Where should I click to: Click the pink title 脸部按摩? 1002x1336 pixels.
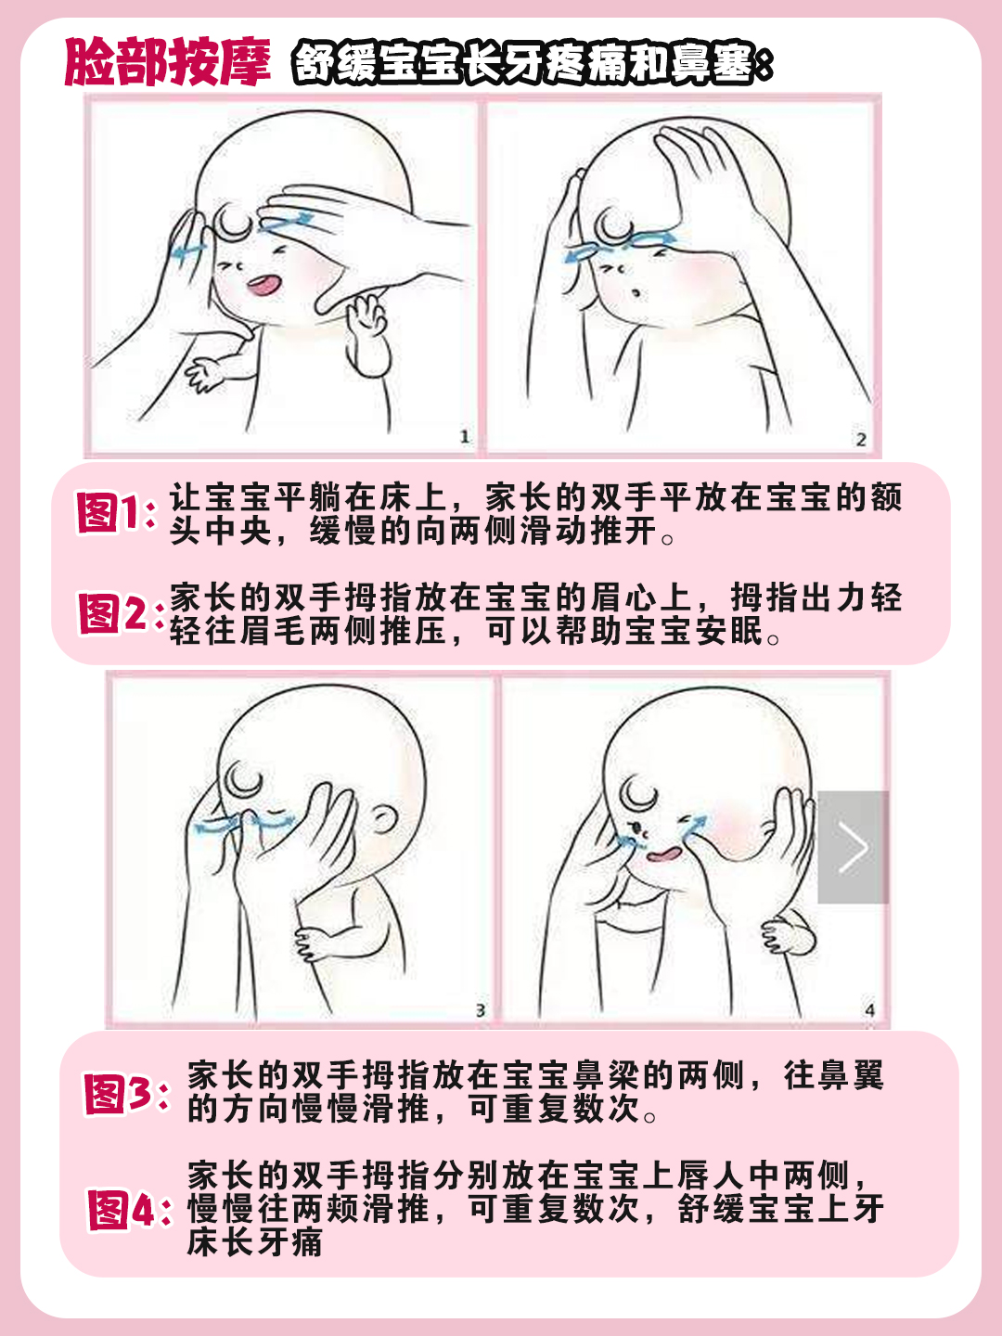click(x=167, y=62)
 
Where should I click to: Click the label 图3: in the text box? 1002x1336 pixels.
click(x=125, y=1094)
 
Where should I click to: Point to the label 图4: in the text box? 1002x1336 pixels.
click(x=129, y=1210)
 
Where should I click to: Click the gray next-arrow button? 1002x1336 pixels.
click(x=853, y=847)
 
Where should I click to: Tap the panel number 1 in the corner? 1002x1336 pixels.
click(x=465, y=436)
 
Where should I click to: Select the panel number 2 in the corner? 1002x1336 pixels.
click(x=860, y=439)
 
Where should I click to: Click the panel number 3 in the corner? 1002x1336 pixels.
click(x=480, y=1010)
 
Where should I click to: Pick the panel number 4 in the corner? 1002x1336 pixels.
click(x=869, y=1010)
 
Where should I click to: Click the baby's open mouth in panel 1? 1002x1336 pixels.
click(x=263, y=284)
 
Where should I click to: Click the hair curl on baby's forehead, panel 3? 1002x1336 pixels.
click(x=244, y=779)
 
